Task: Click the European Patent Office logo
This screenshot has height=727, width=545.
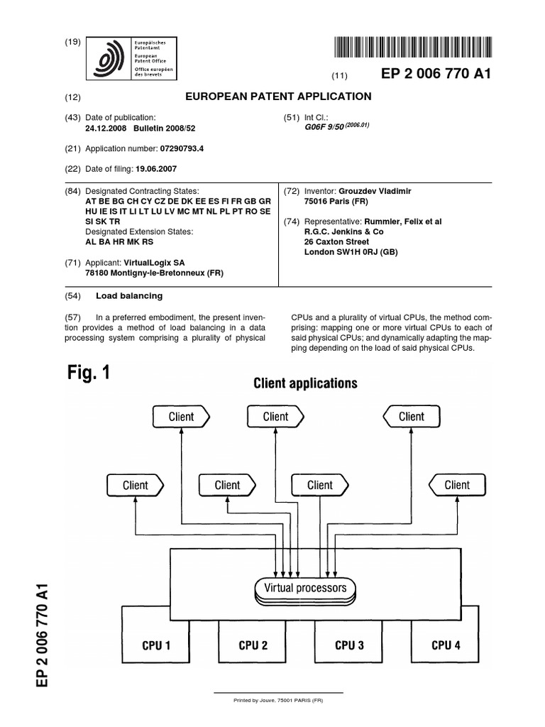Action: click(131, 58)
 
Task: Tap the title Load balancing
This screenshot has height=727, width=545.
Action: click(134, 295)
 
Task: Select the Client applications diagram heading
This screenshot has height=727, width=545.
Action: click(305, 383)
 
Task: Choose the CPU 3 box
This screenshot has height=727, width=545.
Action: click(349, 645)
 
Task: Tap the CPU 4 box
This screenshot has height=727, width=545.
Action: click(446, 645)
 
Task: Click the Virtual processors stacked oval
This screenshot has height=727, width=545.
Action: click(305, 589)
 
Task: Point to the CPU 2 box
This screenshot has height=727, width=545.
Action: click(253, 645)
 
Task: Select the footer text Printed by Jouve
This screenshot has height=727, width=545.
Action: click(278, 701)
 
